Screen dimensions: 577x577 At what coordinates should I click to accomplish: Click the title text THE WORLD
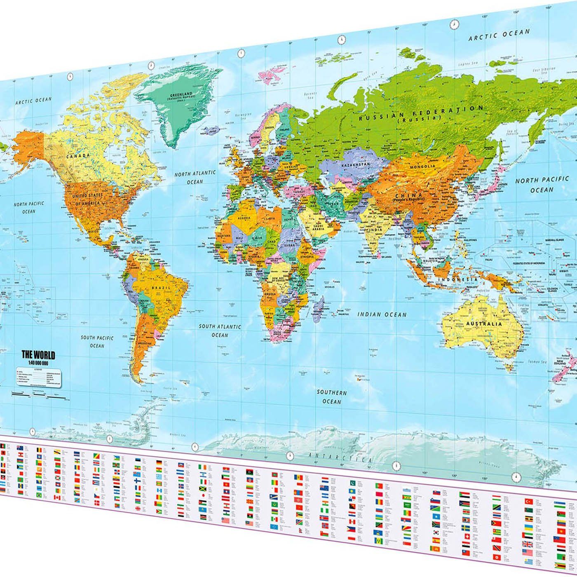click(38, 355)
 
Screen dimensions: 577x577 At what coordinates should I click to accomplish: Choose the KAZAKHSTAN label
click(355, 164)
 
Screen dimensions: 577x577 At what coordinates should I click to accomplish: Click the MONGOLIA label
click(422, 167)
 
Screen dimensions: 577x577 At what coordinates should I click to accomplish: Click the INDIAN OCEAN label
click(382, 314)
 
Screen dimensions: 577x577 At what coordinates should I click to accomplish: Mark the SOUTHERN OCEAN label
click(331, 397)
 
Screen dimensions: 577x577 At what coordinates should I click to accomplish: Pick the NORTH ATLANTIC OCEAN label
click(195, 177)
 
